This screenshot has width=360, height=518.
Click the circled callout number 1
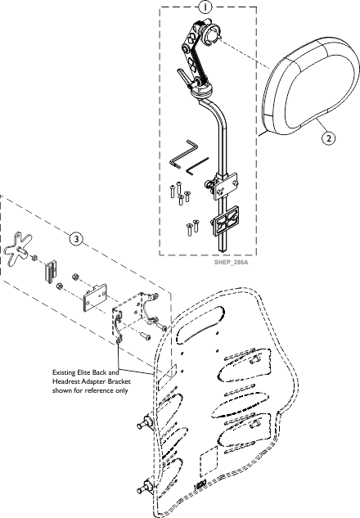[x=205, y=7]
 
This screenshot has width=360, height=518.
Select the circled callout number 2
[x=328, y=137]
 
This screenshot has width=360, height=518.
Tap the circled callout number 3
[x=76, y=238]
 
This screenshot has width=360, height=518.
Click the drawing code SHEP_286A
[x=232, y=263]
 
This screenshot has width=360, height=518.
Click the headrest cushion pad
[x=310, y=88]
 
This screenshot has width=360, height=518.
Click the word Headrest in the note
[x=66, y=381]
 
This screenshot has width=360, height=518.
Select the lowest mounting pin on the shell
[x=146, y=488]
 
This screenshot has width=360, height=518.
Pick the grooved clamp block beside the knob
[x=51, y=271]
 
